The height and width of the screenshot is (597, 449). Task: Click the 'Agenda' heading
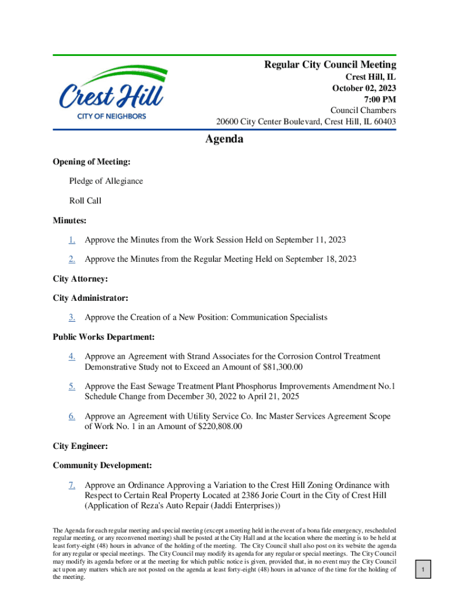pyautogui.click(x=224, y=139)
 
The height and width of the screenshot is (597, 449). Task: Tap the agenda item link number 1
pyautogui.click(x=72, y=240)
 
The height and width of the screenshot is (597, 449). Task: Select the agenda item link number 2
pyautogui.click(x=72, y=259)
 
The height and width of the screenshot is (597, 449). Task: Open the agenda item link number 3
pyautogui.click(x=72, y=317)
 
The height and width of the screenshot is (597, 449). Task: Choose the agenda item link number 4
pyautogui.click(x=72, y=356)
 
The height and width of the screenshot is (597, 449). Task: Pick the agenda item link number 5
pyautogui.click(x=72, y=386)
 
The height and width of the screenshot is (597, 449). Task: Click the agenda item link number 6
pyautogui.click(x=72, y=416)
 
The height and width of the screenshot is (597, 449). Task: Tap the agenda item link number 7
pyautogui.click(x=72, y=485)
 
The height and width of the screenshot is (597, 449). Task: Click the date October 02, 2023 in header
pyautogui.click(x=364, y=88)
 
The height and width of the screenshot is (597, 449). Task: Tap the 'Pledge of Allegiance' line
pyautogui.click(x=106, y=181)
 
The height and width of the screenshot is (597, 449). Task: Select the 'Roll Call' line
pyautogui.click(x=85, y=201)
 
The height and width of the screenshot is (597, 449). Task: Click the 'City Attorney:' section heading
pyautogui.click(x=80, y=279)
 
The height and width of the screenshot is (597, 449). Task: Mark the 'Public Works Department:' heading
pyautogui.click(x=103, y=337)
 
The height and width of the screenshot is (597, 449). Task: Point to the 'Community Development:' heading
pyautogui.click(x=103, y=465)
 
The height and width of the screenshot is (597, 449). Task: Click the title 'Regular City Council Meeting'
pyautogui.click(x=330, y=65)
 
